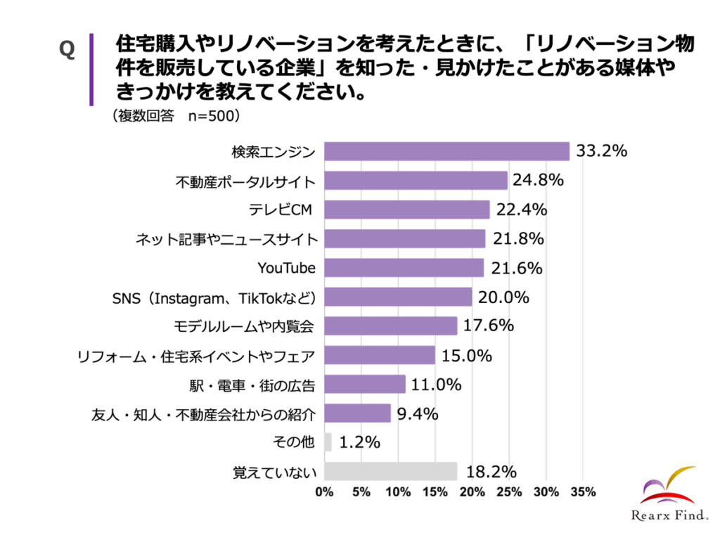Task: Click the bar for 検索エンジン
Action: (447, 151)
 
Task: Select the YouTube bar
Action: (404, 268)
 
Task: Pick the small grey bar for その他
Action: (328, 442)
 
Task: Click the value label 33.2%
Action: (601, 151)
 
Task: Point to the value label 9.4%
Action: (418, 413)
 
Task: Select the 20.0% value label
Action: (503, 297)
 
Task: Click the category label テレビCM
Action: (279, 210)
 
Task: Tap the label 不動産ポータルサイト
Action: (246, 181)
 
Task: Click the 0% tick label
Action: (324, 491)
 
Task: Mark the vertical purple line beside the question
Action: (91, 68)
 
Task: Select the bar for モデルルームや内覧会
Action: (391, 326)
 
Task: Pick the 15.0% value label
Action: (467, 355)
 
